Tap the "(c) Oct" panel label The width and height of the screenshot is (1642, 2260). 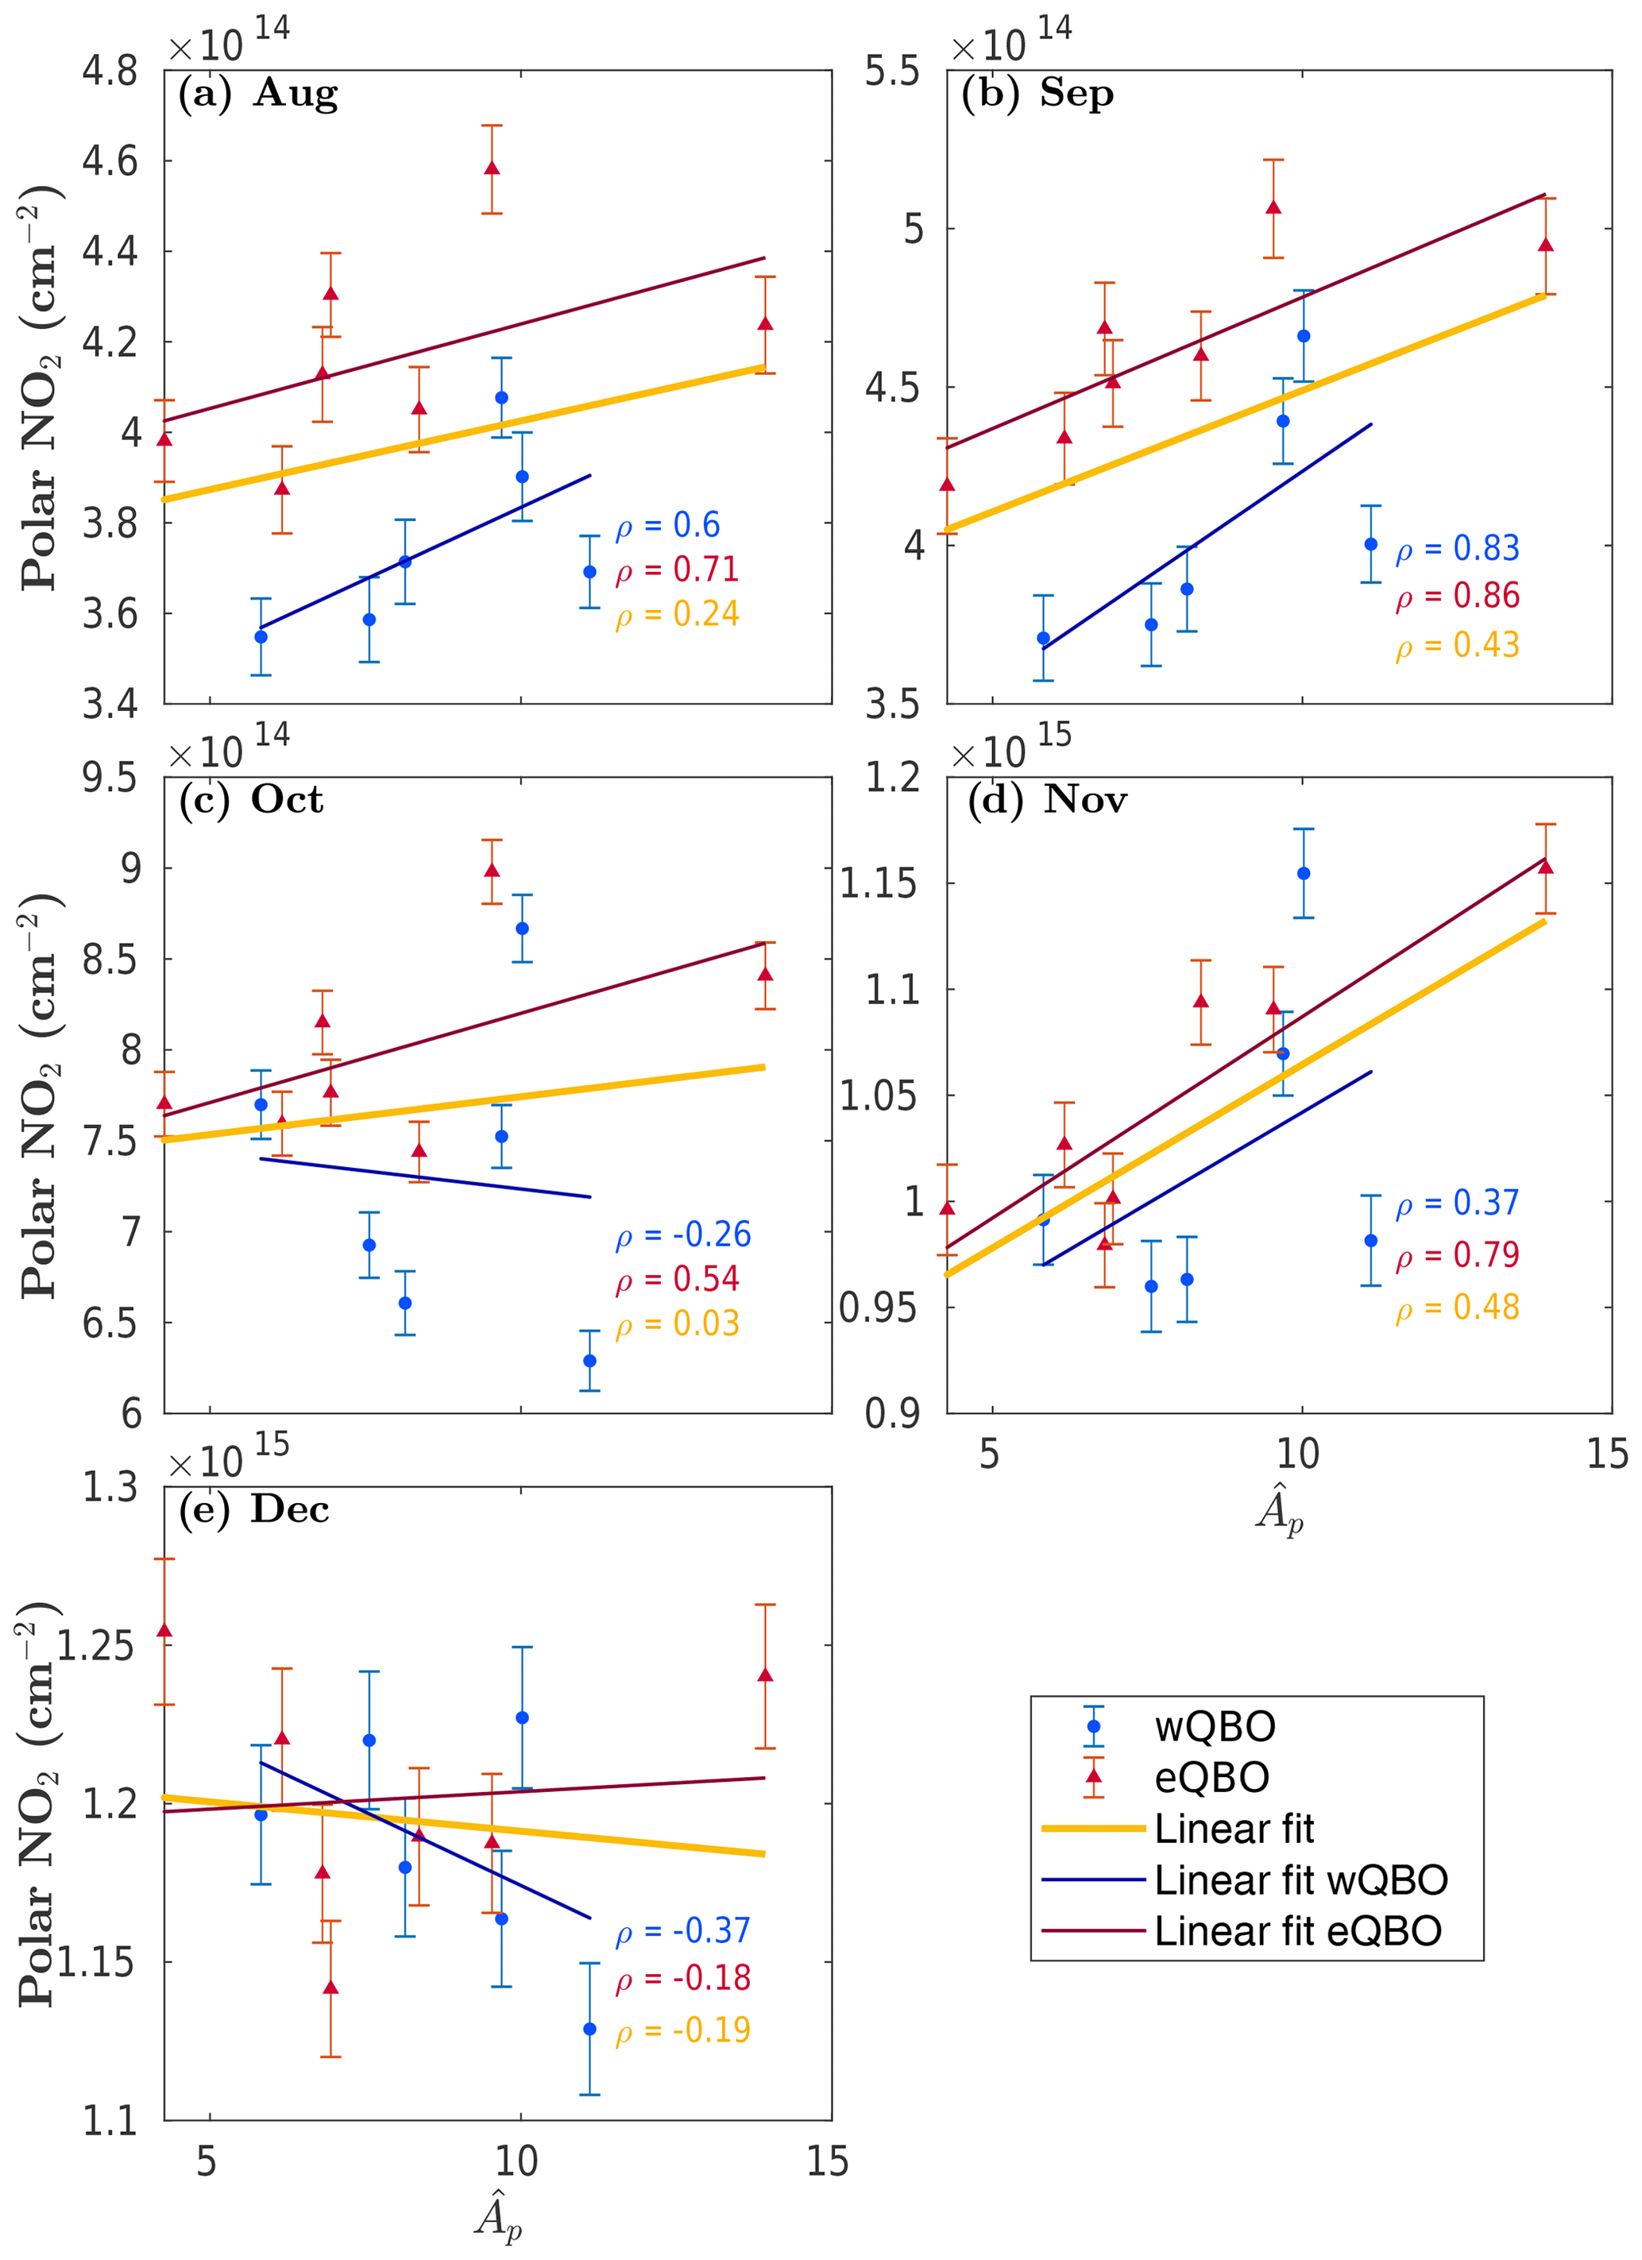(x=251, y=799)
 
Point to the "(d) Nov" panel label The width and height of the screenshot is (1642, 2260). (x=1046, y=799)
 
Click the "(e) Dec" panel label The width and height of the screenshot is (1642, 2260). (x=254, y=1509)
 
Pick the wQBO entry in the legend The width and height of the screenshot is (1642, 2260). (x=1215, y=1727)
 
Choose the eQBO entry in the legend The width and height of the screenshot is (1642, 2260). (x=1211, y=1778)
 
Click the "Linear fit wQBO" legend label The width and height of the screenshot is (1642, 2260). (x=1300, y=1880)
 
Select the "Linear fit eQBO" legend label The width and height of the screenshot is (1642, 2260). (x=1297, y=1932)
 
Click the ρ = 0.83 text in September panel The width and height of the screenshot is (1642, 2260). (x=1457, y=548)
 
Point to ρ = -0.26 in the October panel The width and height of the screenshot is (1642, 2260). (x=682, y=1234)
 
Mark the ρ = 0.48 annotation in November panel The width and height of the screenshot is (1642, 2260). (x=1457, y=1307)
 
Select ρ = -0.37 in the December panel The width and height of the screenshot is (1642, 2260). (x=682, y=1930)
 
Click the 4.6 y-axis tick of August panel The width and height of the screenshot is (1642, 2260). (x=110, y=161)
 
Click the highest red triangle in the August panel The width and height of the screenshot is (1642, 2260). (x=491, y=168)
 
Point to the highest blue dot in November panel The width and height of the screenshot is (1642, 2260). (x=1304, y=874)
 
